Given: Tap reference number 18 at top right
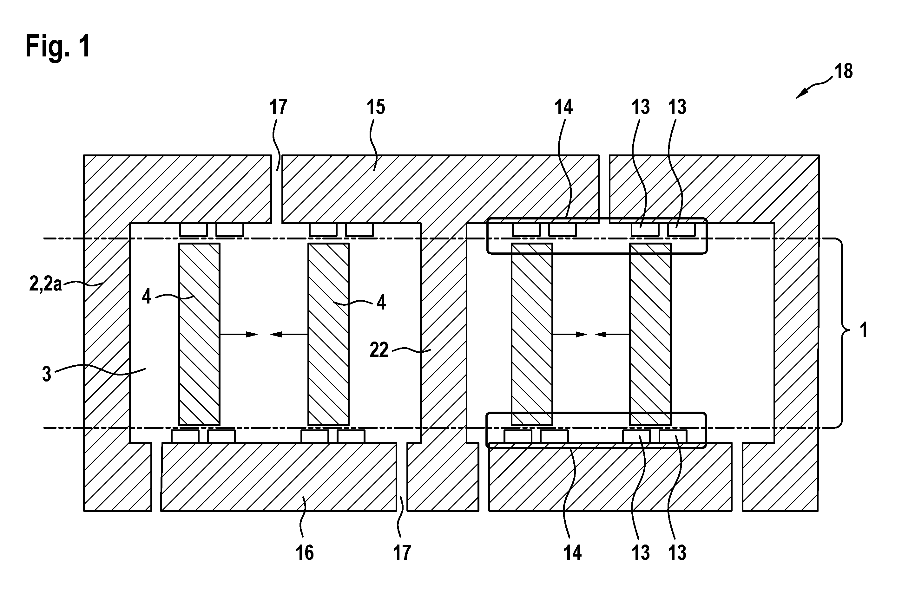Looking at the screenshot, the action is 844,71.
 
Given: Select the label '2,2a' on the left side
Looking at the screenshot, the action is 45,284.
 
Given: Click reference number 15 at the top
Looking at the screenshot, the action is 376,107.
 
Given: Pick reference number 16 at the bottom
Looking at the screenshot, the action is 305,553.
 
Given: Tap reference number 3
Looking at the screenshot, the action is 47,374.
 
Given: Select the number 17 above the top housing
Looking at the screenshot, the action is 279,107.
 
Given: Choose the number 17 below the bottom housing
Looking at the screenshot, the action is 402,553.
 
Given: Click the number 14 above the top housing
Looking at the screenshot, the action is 563,107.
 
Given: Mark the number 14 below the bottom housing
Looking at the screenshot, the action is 572,553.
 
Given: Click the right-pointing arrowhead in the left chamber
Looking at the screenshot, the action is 253,335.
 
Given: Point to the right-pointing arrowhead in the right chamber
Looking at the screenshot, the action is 582,335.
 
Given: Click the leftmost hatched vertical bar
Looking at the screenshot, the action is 199,334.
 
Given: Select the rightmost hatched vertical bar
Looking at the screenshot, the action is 650,334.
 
